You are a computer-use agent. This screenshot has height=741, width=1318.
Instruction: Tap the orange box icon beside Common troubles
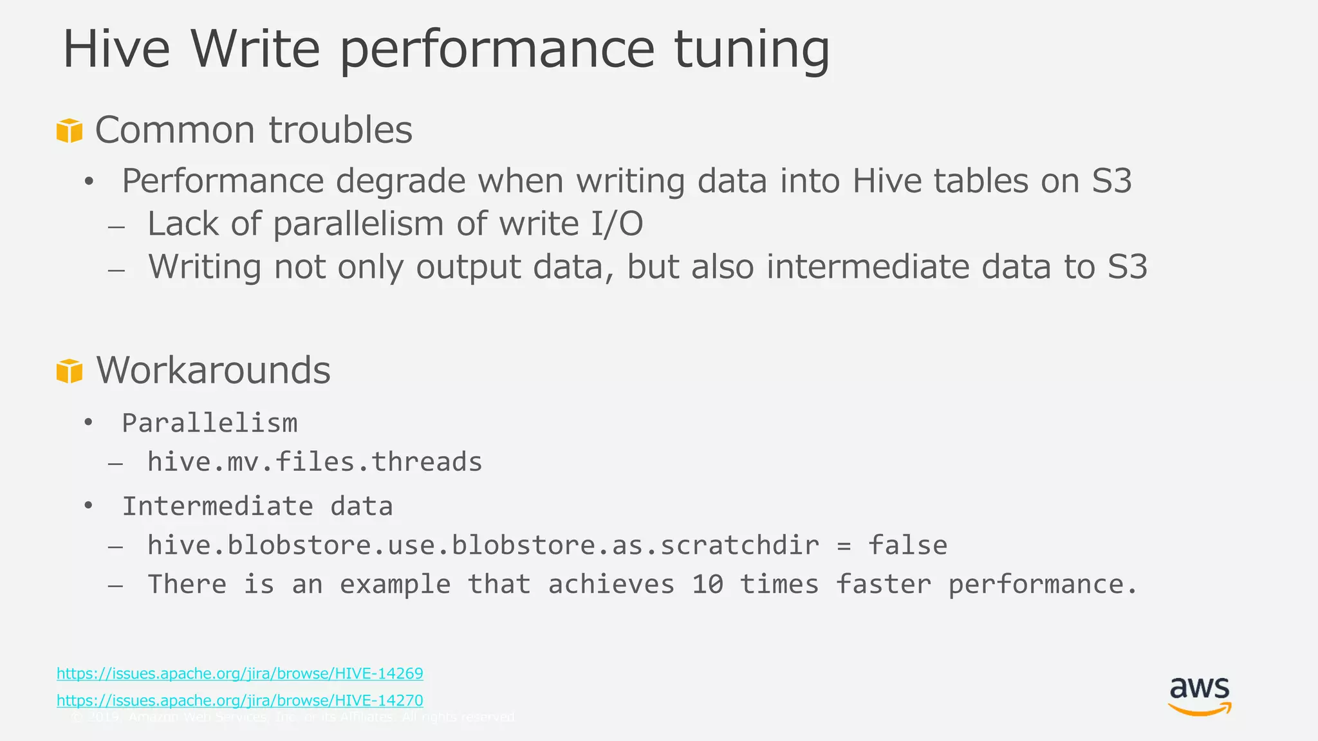pyautogui.click(x=70, y=131)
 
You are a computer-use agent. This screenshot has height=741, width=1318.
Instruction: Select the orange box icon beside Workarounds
pyautogui.click(x=70, y=371)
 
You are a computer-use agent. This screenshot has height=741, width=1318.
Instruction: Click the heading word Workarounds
pyautogui.click(x=213, y=370)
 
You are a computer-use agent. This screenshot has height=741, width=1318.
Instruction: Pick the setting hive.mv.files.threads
pyautogui.click(x=315, y=462)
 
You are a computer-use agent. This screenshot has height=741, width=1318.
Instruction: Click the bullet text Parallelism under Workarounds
pyautogui.click(x=210, y=423)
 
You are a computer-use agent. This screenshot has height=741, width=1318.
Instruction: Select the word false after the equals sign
pyautogui.click(x=907, y=545)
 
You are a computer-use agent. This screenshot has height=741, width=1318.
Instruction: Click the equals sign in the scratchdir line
pyautogui.click(x=844, y=546)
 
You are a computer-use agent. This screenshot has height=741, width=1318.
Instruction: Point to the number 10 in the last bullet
pyautogui.click(x=707, y=584)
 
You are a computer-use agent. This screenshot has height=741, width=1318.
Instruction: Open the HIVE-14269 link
pyautogui.click(x=240, y=673)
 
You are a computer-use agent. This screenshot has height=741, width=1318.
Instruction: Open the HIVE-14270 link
pyautogui.click(x=240, y=700)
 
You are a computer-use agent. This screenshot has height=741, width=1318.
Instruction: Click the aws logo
pyautogui.click(x=1200, y=696)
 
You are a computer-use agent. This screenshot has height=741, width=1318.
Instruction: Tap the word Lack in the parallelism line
pyautogui.click(x=183, y=224)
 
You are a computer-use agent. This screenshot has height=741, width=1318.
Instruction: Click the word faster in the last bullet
pyautogui.click(x=883, y=584)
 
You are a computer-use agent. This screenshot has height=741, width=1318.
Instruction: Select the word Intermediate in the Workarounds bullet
pyautogui.click(x=218, y=506)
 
